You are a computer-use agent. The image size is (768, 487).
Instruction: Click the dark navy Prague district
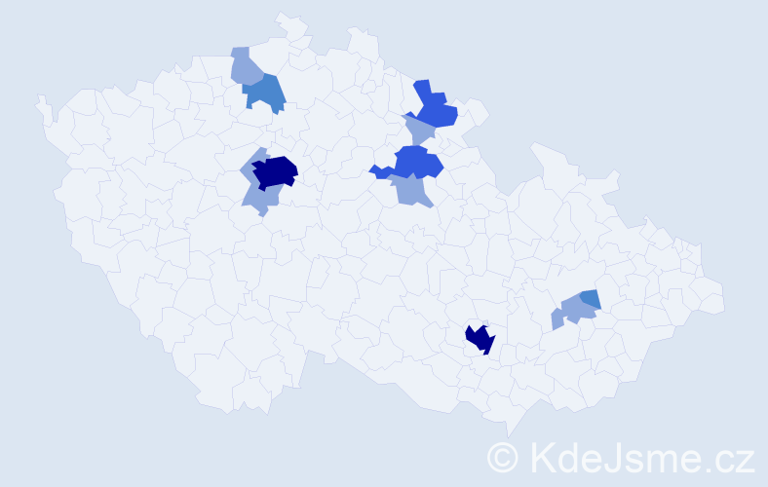coord(275,171)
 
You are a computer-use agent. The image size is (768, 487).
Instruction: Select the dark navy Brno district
coord(480,338)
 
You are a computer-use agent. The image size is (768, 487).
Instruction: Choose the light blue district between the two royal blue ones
coord(420,130)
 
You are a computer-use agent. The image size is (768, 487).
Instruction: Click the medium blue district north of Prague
coord(267,93)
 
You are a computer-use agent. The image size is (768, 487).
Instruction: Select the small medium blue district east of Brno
coord(590,298)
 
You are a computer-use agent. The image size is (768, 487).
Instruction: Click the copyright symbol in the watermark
coord(504,456)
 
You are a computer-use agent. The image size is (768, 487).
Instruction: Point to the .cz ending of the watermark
coord(731,456)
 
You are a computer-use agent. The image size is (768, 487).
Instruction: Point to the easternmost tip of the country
coord(725,301)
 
